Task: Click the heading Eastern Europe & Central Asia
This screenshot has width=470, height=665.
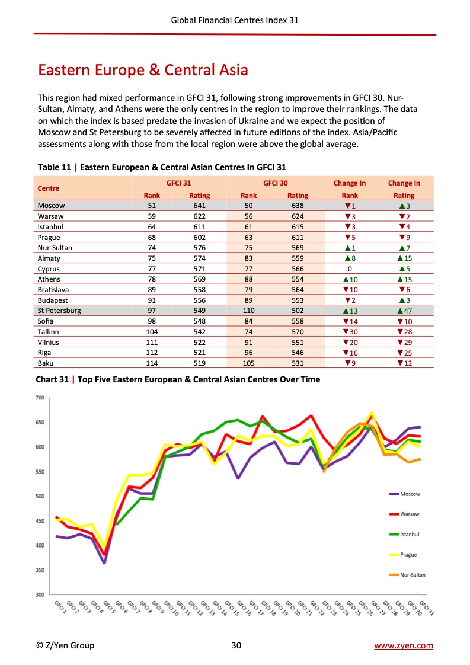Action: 143,71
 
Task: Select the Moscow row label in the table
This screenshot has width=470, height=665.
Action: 51,206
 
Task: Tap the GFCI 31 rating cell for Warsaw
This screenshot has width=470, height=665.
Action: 199,216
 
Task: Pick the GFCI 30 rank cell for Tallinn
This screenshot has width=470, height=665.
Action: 248,332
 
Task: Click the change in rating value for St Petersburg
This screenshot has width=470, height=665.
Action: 404,311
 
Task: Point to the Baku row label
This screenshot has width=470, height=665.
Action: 46,363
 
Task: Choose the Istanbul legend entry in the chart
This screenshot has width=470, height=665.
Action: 409,534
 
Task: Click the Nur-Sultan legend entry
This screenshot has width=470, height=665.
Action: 412,575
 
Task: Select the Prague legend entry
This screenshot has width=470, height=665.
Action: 408,555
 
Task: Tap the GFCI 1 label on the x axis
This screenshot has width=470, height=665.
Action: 60,606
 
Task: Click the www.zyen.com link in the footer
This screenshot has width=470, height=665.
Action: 404,645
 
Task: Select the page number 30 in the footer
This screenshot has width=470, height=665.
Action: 235,645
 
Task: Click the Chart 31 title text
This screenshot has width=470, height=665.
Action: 178,379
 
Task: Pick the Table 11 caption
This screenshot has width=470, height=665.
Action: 162,168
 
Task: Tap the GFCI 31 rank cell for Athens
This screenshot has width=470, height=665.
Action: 152,279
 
